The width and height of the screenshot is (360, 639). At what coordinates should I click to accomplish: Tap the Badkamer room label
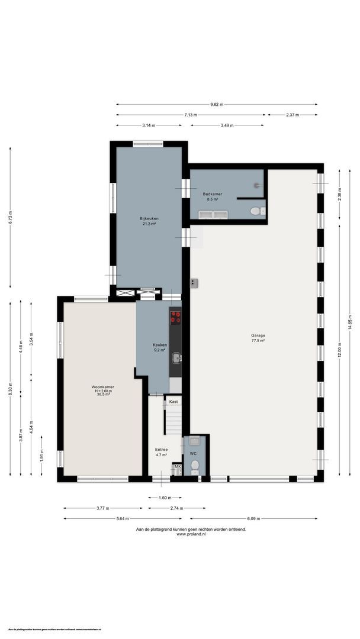coord(212,196)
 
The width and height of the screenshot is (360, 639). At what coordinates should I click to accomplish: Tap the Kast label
coord(173,402)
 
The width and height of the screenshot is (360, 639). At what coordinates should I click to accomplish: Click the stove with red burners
coord(175,317)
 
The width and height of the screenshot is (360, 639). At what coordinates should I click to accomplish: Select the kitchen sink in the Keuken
coord(176,357)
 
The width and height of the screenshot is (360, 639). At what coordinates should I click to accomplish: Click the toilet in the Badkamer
coord(256,211)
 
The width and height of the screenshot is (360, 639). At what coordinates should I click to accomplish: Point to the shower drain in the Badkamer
coord(257,185)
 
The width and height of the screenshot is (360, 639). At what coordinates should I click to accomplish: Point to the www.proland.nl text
coord(191,534)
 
